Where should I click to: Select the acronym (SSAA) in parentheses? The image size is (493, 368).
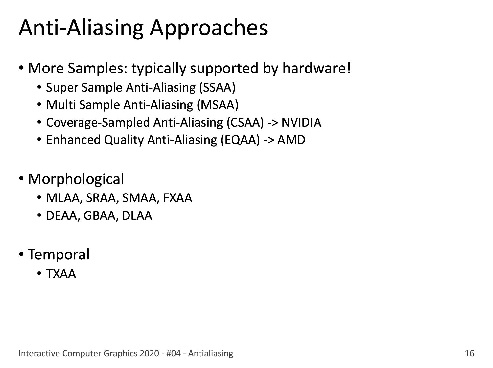[217, 87]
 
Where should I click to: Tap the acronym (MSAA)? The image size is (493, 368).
[218, 105]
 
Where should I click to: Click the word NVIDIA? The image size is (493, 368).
[301, 122]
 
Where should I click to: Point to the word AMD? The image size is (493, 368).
[291, 140]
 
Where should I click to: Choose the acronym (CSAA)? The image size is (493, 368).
[245, 122]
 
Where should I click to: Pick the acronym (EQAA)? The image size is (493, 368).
[240, 140]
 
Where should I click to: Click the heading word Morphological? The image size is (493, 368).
[76, 179]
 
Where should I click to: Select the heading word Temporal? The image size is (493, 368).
[59, 255]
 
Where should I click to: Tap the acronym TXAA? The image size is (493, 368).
[61, 274]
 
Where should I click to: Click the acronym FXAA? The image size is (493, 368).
[177, 198]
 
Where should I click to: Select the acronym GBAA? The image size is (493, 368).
[100, 216]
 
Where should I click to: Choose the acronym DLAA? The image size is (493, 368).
[137, 216]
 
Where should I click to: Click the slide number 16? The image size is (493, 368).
[469, 354]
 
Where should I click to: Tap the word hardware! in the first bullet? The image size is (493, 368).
[317, 68]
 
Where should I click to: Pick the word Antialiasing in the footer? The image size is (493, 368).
[211, 354]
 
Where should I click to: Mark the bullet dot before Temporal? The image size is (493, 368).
[21, 254]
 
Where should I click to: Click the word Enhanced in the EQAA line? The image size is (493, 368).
[73, 140]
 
